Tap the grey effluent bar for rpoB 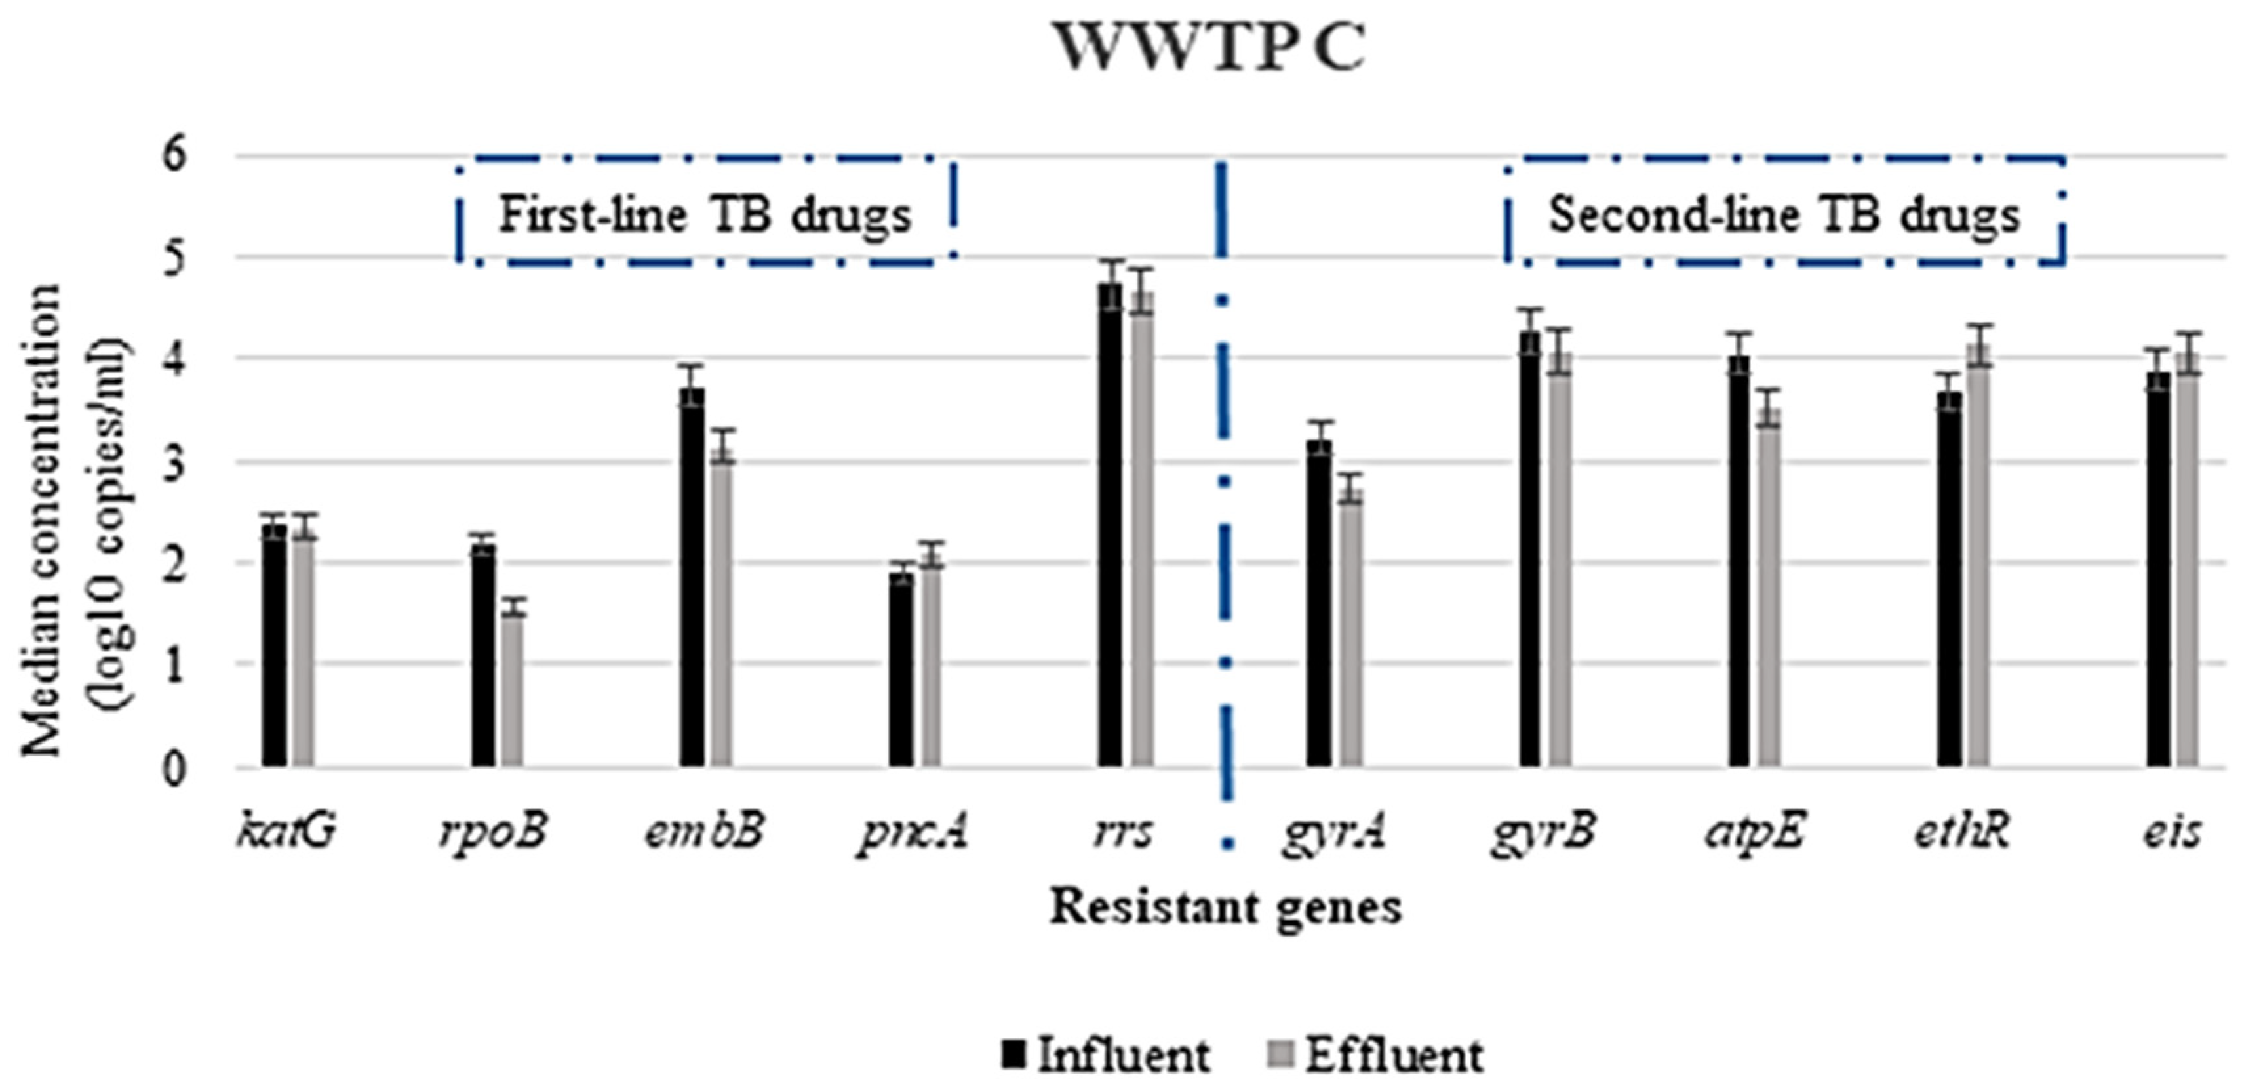(x=513, y=687)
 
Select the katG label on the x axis (x=285, y=832)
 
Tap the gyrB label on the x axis (x=1543, y=832)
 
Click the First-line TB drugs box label (x=705, y=214)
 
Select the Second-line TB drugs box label (x=1784, y=214)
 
